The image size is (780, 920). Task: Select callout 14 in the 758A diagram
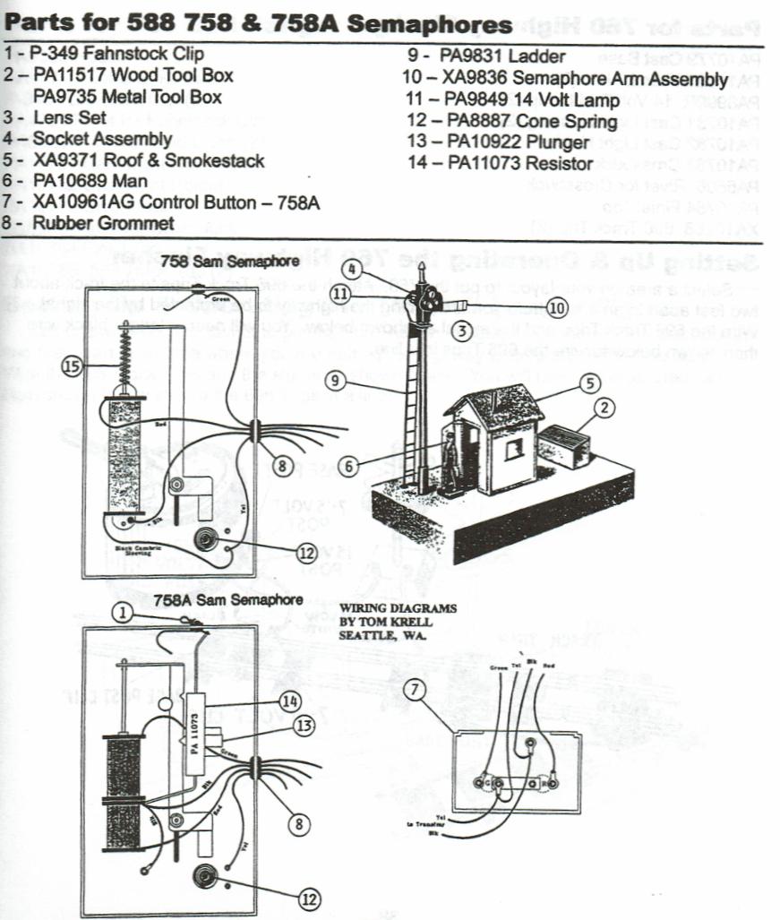(288, 701)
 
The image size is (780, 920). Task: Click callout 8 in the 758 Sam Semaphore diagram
(283, 465)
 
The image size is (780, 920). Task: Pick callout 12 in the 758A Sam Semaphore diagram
(309, 898)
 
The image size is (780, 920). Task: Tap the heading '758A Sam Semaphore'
(227, 599)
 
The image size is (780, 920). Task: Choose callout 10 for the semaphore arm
(556, 308)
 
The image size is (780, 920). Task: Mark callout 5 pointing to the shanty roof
(588, 383)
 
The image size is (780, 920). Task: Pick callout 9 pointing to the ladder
(336, 380)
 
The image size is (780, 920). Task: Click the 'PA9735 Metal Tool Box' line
(127, 97)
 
